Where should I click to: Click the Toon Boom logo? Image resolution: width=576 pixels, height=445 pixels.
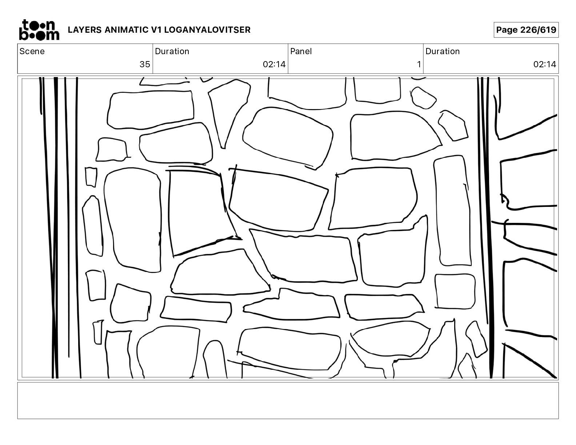point(39,30)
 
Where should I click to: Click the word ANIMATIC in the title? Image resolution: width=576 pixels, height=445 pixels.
point(127,30)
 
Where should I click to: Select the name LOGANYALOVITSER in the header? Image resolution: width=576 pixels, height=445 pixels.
point(207,30)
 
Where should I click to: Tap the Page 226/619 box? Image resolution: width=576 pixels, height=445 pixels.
point(526,30)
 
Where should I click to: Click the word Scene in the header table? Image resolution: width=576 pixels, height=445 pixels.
point(32,51)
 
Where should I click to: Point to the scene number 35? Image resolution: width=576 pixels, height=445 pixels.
point(145,64)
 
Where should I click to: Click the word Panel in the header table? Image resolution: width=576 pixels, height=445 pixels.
point(301,51)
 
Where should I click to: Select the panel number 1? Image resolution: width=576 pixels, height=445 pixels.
point(419,64)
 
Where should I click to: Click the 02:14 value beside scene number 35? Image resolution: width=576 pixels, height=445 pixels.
point(274,64)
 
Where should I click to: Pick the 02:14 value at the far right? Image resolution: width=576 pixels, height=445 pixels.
point(545,64)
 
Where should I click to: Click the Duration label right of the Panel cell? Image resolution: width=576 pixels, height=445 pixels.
point(443,51)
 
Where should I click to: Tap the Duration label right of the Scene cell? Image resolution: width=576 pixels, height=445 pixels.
point(172,51)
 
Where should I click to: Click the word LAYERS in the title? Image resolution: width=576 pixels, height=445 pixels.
point(85,30)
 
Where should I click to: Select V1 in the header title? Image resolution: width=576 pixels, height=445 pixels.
point(156,30)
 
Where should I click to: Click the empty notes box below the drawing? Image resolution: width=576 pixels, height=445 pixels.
point(288,401)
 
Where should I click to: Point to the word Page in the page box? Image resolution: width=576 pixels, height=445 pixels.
point(507,30)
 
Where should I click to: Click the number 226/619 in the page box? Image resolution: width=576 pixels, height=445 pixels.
point(538,30)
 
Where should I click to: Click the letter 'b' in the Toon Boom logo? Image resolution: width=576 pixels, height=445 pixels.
point(23,35)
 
